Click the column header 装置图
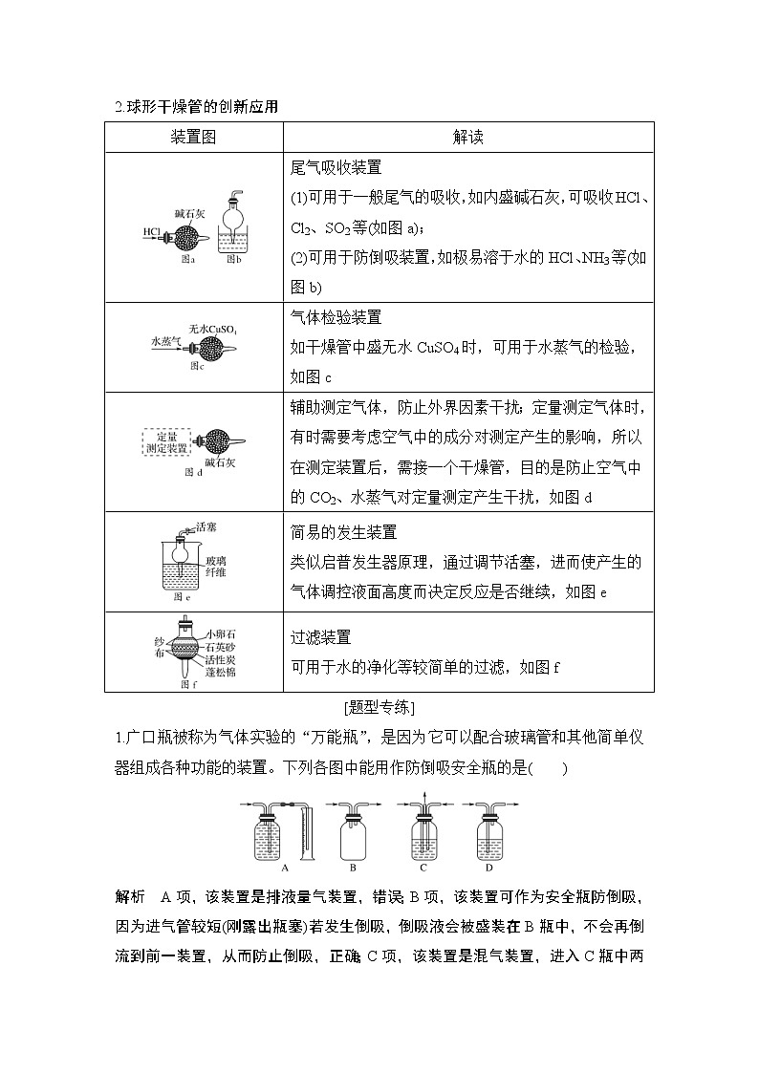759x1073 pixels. click(193, 138)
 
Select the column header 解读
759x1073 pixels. click(467, 138)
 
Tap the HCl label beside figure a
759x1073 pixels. click(151, 232)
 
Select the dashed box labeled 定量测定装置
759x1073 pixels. click(166, 441)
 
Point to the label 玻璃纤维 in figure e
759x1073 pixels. click(216, 567)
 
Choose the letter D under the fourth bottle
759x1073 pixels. click(488, 868)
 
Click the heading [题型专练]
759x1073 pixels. click(379, 708)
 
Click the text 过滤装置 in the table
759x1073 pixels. click(320, 636)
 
